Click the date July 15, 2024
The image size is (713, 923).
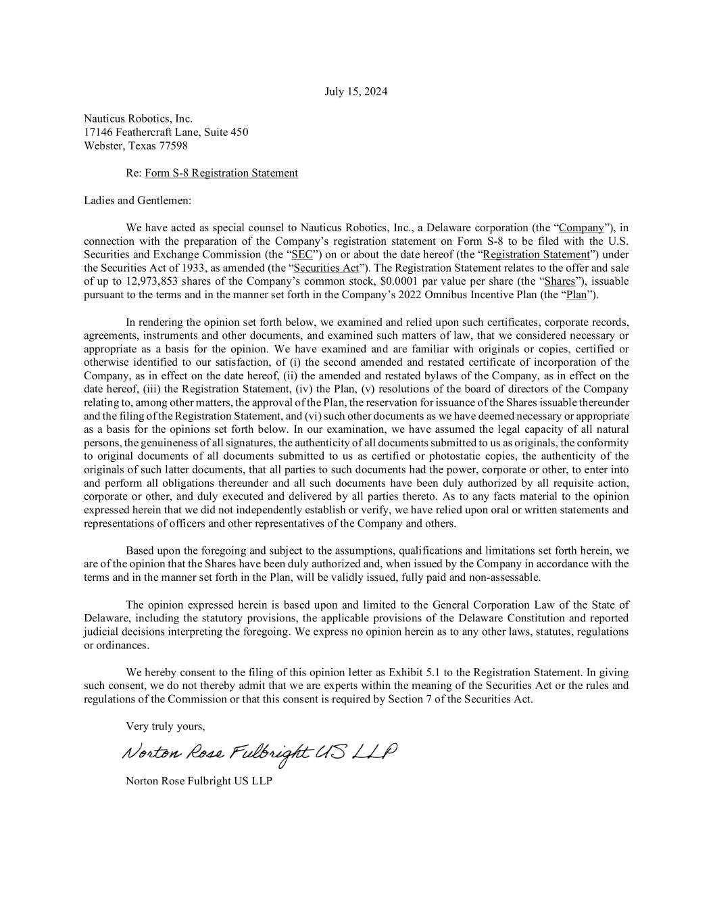click(356, 92)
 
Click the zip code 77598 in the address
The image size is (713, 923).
click(174, 146)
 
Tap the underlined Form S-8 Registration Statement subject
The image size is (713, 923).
click(221, 173)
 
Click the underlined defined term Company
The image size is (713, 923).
click(581, 227)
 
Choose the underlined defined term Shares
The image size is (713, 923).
click(560, 281)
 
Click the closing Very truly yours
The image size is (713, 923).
click(166, 727)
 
